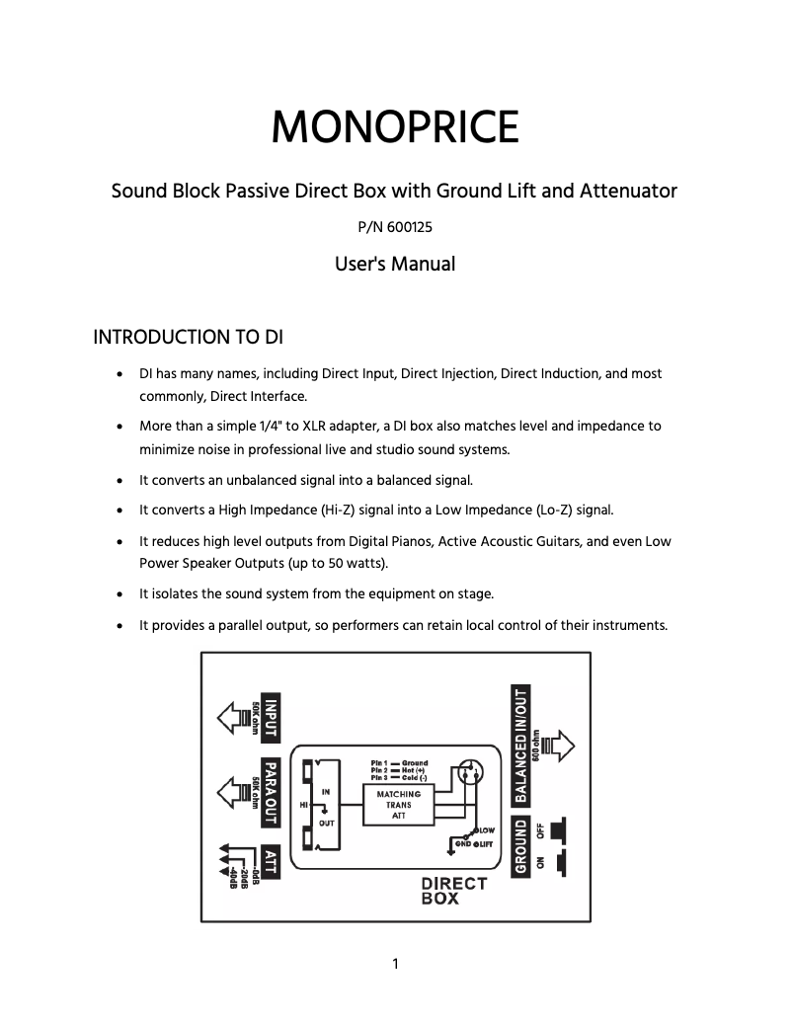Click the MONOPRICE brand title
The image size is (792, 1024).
[x=395, y=128]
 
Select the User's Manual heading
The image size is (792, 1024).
[x=395, y=264]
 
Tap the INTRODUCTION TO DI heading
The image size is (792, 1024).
[x=188, y=338]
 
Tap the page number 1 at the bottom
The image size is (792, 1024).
[x=395, y=964]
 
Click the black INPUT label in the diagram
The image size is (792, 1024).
[x=270, y=716]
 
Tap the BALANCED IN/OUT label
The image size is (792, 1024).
[x=520, y=743]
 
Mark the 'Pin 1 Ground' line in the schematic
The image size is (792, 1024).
[x=399, y=763]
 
